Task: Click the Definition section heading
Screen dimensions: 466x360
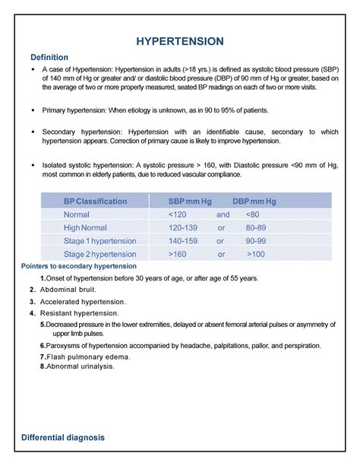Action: click(x=49, y=58)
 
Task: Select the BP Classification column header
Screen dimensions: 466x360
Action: click(x=95, y=201)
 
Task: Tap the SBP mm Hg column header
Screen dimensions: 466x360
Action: click(x=190, y=201)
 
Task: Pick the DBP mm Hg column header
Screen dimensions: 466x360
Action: click(x=254, y=201)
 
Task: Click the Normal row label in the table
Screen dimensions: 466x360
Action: click(x=77, y=214)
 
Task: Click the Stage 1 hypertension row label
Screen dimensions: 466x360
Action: click(x=100, y=240)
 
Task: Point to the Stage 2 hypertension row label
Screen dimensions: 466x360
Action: click(x=100, y=254)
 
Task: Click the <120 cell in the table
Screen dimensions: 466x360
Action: click(x=178, y=214)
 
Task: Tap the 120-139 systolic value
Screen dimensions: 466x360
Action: click(x=185, y=227)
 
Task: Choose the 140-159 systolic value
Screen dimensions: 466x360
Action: click(x=185, y=240)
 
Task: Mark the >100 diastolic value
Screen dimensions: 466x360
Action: click(x=255, y=254)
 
